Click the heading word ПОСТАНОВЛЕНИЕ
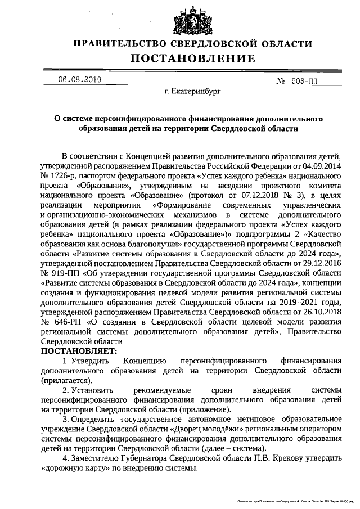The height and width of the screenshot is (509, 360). coord(193,59)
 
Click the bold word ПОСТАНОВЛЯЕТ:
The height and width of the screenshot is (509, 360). coord(76,350)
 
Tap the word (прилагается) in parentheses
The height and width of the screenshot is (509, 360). coord(66,380)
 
